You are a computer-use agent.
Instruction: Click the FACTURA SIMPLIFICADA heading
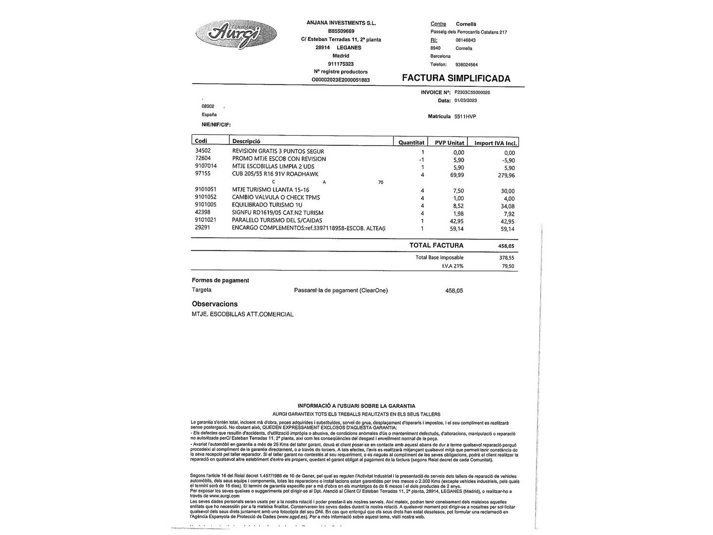pyautogui.click(x=456, y=78)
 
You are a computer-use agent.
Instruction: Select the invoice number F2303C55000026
pyautogui.click(x=472, y=92)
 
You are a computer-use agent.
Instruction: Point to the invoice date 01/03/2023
pyautogui.click(x=465, y=101)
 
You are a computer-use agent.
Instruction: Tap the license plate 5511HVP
pyautogui.click(x=465, y=116)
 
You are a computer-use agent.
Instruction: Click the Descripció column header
pyautogui.click(x=246, y=141)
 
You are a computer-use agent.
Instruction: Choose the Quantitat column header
pyautogui.click(x=411, y=143)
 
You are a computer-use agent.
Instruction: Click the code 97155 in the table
pyautogui.click(x=203, y=174)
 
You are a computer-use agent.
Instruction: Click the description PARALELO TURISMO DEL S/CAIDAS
pyautogui.click(x=277, y=220)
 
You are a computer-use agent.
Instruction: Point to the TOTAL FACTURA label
pyautogui.click(x=436, y=245)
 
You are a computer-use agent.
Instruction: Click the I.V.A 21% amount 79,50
pyautogui.click(x=508, y=267)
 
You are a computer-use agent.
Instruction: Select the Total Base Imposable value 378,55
pyautogui.click(x=507, y=258)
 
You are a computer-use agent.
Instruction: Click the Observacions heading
pyautogui.click(x=215, y=304)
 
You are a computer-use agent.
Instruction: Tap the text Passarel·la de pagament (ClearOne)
pyautogui.click(x=341, y=291)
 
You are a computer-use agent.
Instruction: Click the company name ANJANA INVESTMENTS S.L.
pyautogui.click(x=341, y=23)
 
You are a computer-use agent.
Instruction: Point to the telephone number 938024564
pyautogui.click(x=466, y=65)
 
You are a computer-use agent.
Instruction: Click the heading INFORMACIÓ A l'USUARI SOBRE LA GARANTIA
pyautogui.click(x=356, y=406)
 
